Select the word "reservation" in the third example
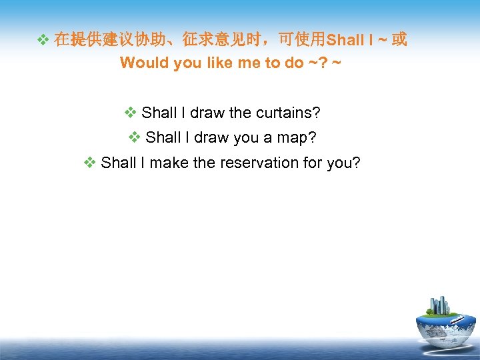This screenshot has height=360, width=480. [x=262, y=162]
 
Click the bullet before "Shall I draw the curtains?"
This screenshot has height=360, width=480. [x=131, y=113]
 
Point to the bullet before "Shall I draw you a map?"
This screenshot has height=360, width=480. [x=135, y=137]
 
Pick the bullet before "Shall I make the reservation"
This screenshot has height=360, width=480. [x=90, y=162]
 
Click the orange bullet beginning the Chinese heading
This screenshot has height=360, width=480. [x=42, y=40]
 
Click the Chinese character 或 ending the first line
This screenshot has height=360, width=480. [x=399, y=39]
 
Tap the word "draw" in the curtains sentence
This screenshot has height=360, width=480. [x=207, y=113]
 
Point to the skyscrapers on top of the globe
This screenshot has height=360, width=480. [x=439, y=305]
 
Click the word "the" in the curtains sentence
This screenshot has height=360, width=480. [x=240, y=113]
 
